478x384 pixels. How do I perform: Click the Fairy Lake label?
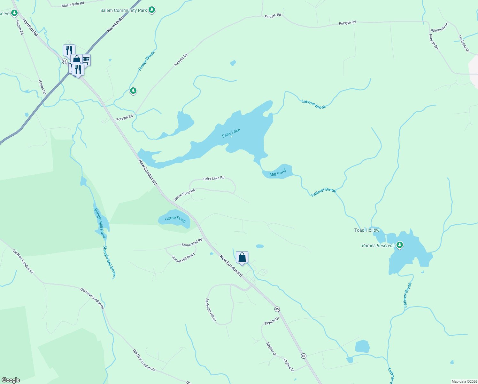(231, 133)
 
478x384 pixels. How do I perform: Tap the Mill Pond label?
(278, 174)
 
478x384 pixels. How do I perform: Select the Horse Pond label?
(175, 219)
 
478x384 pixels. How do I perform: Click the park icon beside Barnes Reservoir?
(399, 245)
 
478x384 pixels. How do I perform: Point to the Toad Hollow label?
(367, 230)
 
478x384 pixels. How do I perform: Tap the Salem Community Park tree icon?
(152, 10)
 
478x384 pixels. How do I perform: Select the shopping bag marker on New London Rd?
(242, 257)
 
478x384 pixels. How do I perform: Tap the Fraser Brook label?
(146, 61)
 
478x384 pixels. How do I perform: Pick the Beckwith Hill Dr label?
(211, 310)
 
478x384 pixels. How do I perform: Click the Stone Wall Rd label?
(192, 243)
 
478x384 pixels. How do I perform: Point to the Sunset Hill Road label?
(183, 258)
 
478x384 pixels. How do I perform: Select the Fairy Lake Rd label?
(214, 178)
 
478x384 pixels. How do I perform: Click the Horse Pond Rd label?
(184, 195)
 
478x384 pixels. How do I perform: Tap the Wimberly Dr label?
(440, 28)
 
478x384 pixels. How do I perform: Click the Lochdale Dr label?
(464, 44)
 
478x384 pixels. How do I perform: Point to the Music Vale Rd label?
(73, 4)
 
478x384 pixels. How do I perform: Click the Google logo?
(11, 380)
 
